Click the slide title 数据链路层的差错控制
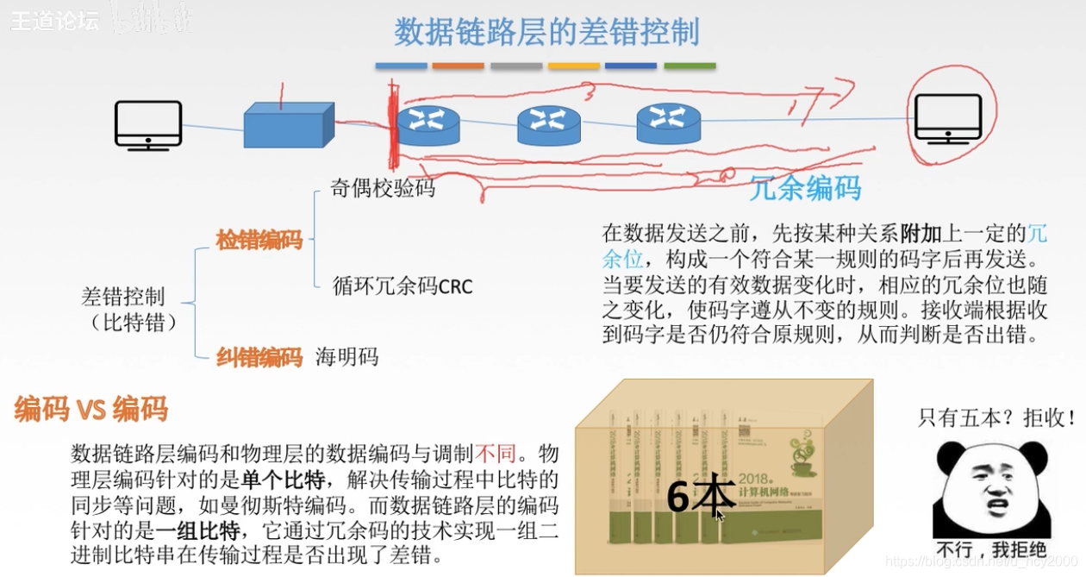point(546,33)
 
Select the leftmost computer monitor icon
point(148,125)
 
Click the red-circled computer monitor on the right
point(948,119)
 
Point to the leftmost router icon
point(428,124)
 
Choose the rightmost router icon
point(668,122)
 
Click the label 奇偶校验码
point(383,189)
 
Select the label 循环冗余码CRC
point(403,286)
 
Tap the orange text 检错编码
point(259,241)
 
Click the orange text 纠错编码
point(259,356)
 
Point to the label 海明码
point(347,356)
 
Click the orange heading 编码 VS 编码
point(90,410)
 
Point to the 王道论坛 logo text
point(54,21)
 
